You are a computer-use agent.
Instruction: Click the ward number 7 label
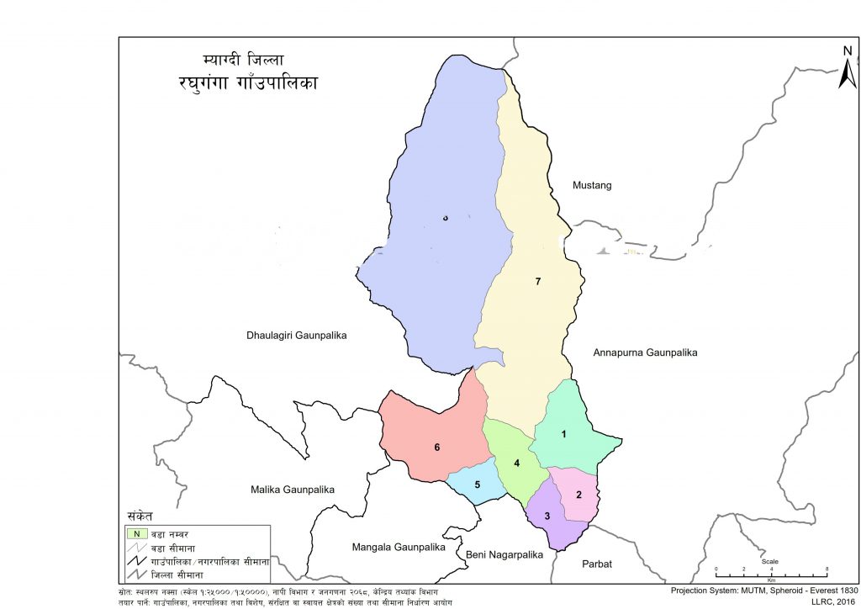[537, 281]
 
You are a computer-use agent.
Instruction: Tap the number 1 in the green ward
[564, 434]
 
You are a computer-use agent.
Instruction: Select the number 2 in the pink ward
[578, 494]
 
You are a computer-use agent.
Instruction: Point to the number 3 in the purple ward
[547, 516]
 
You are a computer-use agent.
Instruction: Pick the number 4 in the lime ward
[517, 463]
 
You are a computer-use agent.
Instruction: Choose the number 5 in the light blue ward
[477, 485]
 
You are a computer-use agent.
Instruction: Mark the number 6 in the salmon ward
[437, 447]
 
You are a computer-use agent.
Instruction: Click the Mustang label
[592, 185]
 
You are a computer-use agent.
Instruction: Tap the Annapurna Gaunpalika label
[645, 352]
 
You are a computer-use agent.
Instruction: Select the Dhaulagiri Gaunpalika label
[296, 336]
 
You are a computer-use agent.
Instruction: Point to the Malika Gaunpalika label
[293, 490]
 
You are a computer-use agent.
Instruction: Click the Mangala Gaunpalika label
[398, 547]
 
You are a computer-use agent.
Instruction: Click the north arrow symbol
[848, 65]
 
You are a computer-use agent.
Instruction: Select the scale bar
[771, 569]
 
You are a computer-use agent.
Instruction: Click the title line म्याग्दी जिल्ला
[244, 61]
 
